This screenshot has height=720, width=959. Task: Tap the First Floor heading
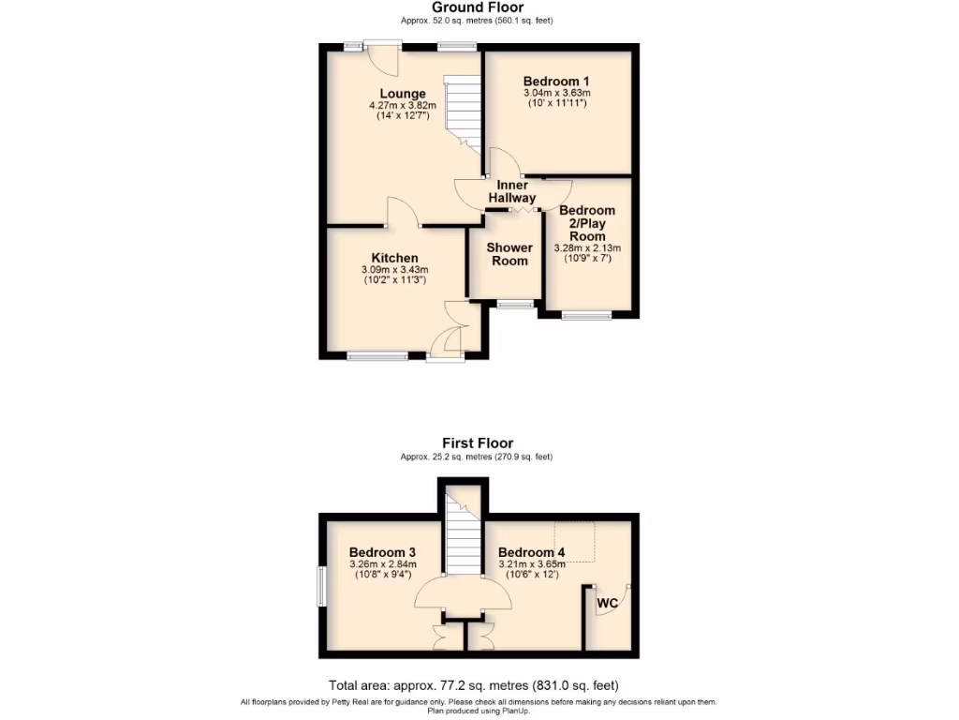point(478,443)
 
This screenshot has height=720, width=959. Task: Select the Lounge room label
point(403,94)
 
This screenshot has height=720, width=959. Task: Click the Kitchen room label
point(394,258)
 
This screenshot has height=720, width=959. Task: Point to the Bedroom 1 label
point(556,81)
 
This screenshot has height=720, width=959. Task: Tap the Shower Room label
point(510,254)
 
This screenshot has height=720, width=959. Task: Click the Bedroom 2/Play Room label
point(587,223)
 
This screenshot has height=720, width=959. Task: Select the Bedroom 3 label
point(382,552)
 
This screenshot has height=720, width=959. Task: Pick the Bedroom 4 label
point(531,552)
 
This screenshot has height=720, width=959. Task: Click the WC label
point(608,603)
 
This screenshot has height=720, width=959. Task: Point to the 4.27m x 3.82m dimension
point(403,106)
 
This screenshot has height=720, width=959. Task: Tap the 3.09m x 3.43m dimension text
point(394,271)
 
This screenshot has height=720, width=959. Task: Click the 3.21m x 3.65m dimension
point(531,564)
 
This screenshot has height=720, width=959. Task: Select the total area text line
point(474,685)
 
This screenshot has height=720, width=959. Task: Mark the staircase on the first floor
point(462,539)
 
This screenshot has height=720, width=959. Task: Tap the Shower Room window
point(514,303)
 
